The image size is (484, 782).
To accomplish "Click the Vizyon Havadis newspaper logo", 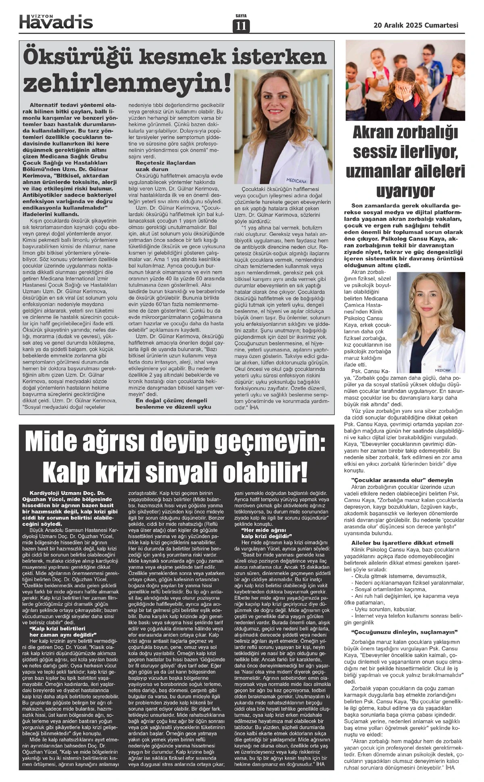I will coord(56,21).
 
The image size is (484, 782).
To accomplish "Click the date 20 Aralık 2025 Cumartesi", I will coord(416,25).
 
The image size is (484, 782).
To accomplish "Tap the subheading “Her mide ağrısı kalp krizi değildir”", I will coord(264,533).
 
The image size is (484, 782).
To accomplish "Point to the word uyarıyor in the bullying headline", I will coord(405,190).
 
